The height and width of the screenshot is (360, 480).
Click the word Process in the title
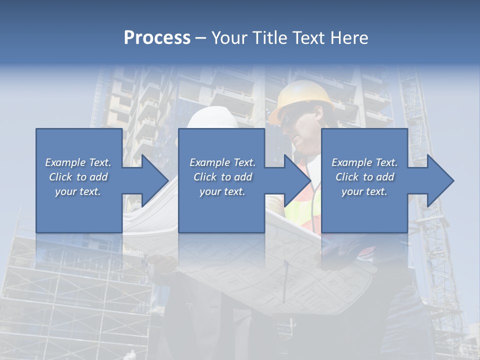point(157,38)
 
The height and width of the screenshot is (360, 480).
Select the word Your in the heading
point(229,38)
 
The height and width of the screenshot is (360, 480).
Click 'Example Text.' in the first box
point(78,162)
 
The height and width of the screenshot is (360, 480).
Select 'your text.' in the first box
point(78,191)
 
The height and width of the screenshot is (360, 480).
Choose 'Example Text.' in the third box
point(364,162)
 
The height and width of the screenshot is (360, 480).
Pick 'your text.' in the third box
point(364,191)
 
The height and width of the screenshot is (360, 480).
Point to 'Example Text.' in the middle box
point(222,162)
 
